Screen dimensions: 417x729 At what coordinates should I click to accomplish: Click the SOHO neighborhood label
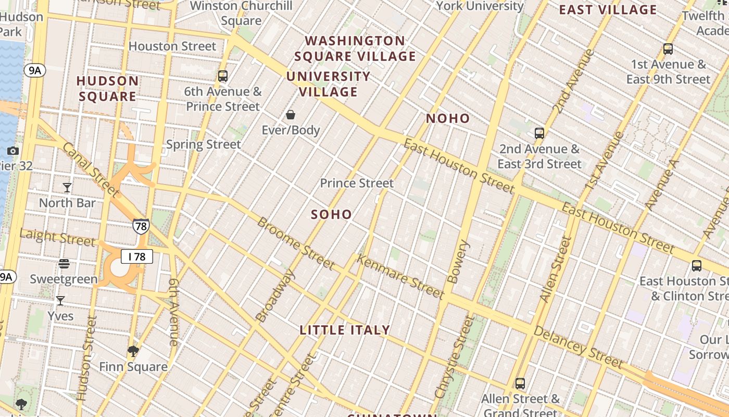pyautogui.click(x=331, y=214)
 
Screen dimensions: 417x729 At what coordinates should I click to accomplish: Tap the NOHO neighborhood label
pyautogui.click(x=448, y=118)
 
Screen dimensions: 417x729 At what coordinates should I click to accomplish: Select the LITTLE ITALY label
pyautogui.click(x=345, y=330)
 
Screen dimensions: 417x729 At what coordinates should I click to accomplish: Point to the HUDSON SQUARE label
pyautogui.click(x=108, y=89)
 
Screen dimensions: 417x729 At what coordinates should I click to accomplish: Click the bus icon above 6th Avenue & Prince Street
pyautogui.click(x=223, y=76)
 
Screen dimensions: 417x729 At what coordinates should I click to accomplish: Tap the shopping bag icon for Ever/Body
pyautogui.click(x=291, y=115)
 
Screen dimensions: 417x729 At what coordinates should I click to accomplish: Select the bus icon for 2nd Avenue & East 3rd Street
pyautogui.click(x=539, y=133)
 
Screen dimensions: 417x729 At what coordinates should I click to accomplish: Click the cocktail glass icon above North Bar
pyautogui.click(x=67, y=187)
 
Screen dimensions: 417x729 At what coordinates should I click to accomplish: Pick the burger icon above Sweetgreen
pyautogui.click(x=64, y=264)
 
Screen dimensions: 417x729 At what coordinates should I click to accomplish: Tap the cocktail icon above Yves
pyautogui.click(x=60, y=301)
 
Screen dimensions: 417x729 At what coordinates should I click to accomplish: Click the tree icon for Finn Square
pyautogui.click(x=133, y=351)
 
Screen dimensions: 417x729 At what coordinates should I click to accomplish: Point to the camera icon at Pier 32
pyautogui.click(x=13, y=151)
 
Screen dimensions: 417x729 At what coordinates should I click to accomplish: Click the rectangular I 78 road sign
pyautogui.click(x=137, y=256)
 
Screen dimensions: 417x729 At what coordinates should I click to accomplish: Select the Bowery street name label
pyautogui.click(x=458, y=262)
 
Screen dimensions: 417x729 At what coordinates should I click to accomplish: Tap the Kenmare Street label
pyautogui.click(x=400, y=277)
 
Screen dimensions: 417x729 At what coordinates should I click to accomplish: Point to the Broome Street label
pyautogui.click(x=296, y=243)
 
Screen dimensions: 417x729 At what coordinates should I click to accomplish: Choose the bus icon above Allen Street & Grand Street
pyautogui.click(x=520, y=384)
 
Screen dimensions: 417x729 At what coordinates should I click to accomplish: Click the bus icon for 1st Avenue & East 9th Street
pyautogui.click(x=668, y=50)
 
